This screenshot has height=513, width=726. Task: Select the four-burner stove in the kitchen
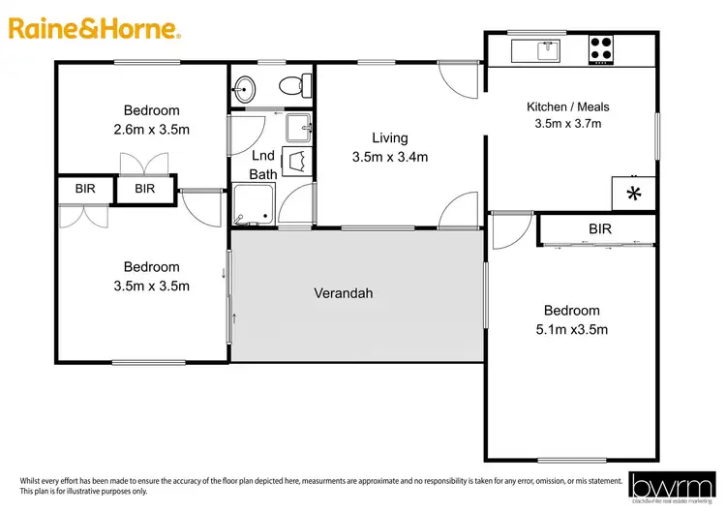coord(601,48)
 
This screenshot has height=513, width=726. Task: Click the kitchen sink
coord(547,48)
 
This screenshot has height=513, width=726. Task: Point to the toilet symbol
coord(293,87)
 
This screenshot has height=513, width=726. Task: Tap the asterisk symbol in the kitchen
coord(634,194)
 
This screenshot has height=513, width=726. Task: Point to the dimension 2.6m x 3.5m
coord(151,127)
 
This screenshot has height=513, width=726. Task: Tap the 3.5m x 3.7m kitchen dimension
coord(567,123)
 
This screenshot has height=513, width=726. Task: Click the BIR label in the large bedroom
coord(600,229)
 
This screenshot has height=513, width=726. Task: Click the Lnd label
coord(263,156)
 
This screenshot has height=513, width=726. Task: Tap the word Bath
coord(263,174)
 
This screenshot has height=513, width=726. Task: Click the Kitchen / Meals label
coord(567,106)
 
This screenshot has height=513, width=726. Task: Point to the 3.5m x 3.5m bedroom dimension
coord(151,285)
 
